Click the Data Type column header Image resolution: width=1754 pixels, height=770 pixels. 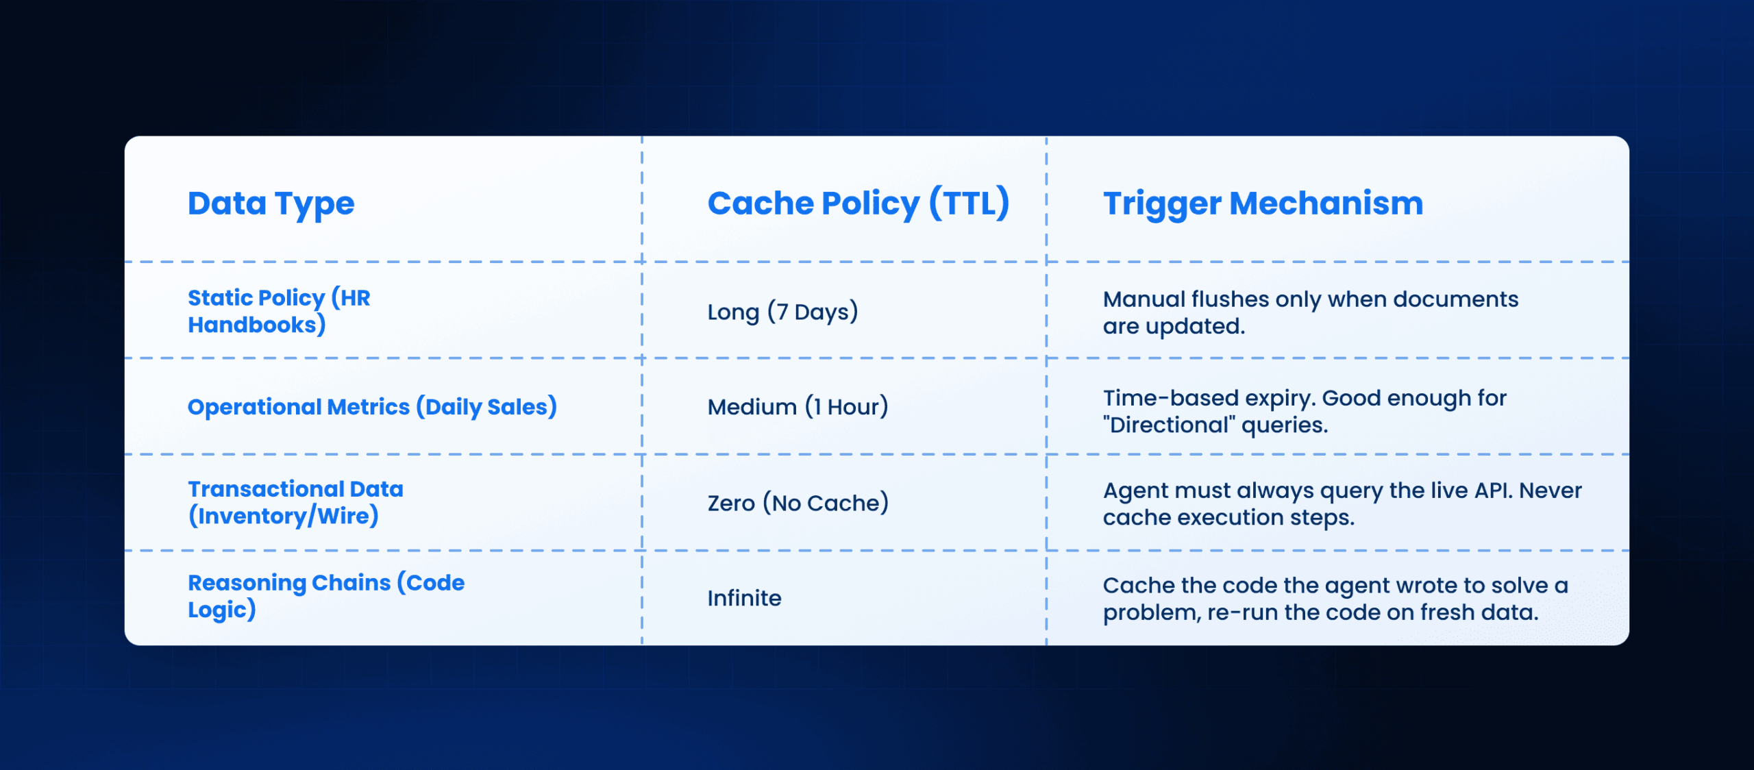(x=271, y=203)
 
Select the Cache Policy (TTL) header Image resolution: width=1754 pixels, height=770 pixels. (x=858, y=203)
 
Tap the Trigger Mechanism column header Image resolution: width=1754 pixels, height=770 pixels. (x=1263, y=203)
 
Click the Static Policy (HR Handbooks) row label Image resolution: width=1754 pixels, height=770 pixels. (x=278, y=311)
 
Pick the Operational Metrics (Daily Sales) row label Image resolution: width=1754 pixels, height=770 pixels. (x=372, y=407)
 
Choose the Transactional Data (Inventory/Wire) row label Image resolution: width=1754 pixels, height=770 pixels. (x=295, y=502)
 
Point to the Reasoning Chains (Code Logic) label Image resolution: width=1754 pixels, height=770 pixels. (x=325, y=596)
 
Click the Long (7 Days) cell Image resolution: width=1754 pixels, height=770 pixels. (x=782, y=312)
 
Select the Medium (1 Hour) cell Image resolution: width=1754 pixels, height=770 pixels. (x=798, y=407)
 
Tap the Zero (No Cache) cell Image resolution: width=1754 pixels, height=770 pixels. (x=798, y=503)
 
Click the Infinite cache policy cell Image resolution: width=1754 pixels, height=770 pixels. (x=744, y=598)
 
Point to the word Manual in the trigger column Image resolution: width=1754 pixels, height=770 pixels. (x=1144, y=299)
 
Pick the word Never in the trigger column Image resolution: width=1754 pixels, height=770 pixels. (x=1551, y=490)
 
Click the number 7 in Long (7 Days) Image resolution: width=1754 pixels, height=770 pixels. (x=781, y=312)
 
